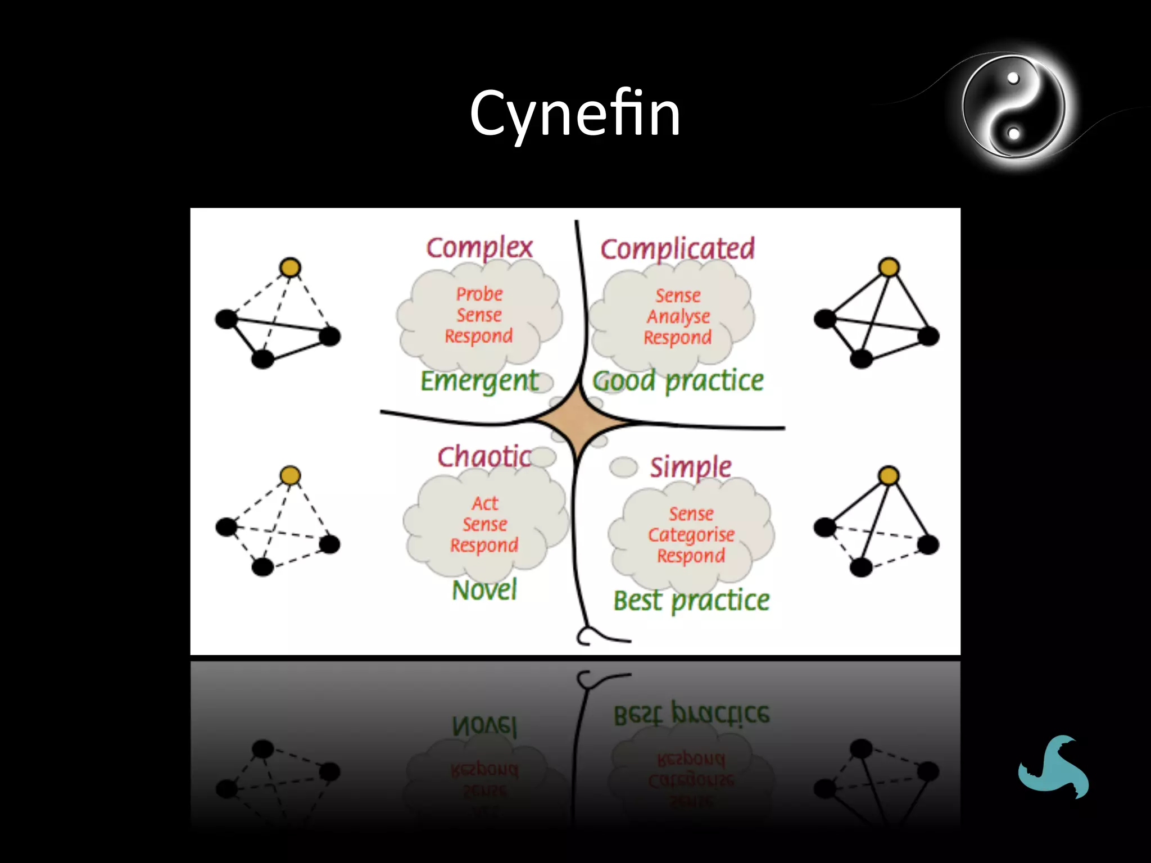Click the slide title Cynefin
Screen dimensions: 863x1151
(575, 114)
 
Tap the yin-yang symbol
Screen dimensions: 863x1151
(1013, 106)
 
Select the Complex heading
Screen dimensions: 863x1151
(479, 248)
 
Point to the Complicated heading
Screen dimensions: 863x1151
(677, 249)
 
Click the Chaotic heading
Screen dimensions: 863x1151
(484, 456)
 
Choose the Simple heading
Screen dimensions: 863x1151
(691, 467)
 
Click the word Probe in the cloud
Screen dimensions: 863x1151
(479, 294)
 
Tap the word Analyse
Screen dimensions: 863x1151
(678, 317)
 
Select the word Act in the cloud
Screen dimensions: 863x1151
(485, 503)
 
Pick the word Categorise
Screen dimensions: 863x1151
(691, 535)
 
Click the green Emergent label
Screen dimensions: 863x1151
(479, 381)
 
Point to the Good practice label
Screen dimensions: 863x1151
(678, 381)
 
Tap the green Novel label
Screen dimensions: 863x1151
(484, 591)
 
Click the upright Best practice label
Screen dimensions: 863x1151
(691, 601)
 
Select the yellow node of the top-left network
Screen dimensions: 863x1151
(290, 267)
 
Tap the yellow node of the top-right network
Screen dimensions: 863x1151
(889, 267)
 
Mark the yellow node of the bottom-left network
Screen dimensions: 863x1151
(290, 476)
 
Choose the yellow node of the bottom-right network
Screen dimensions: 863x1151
(889, 476)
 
